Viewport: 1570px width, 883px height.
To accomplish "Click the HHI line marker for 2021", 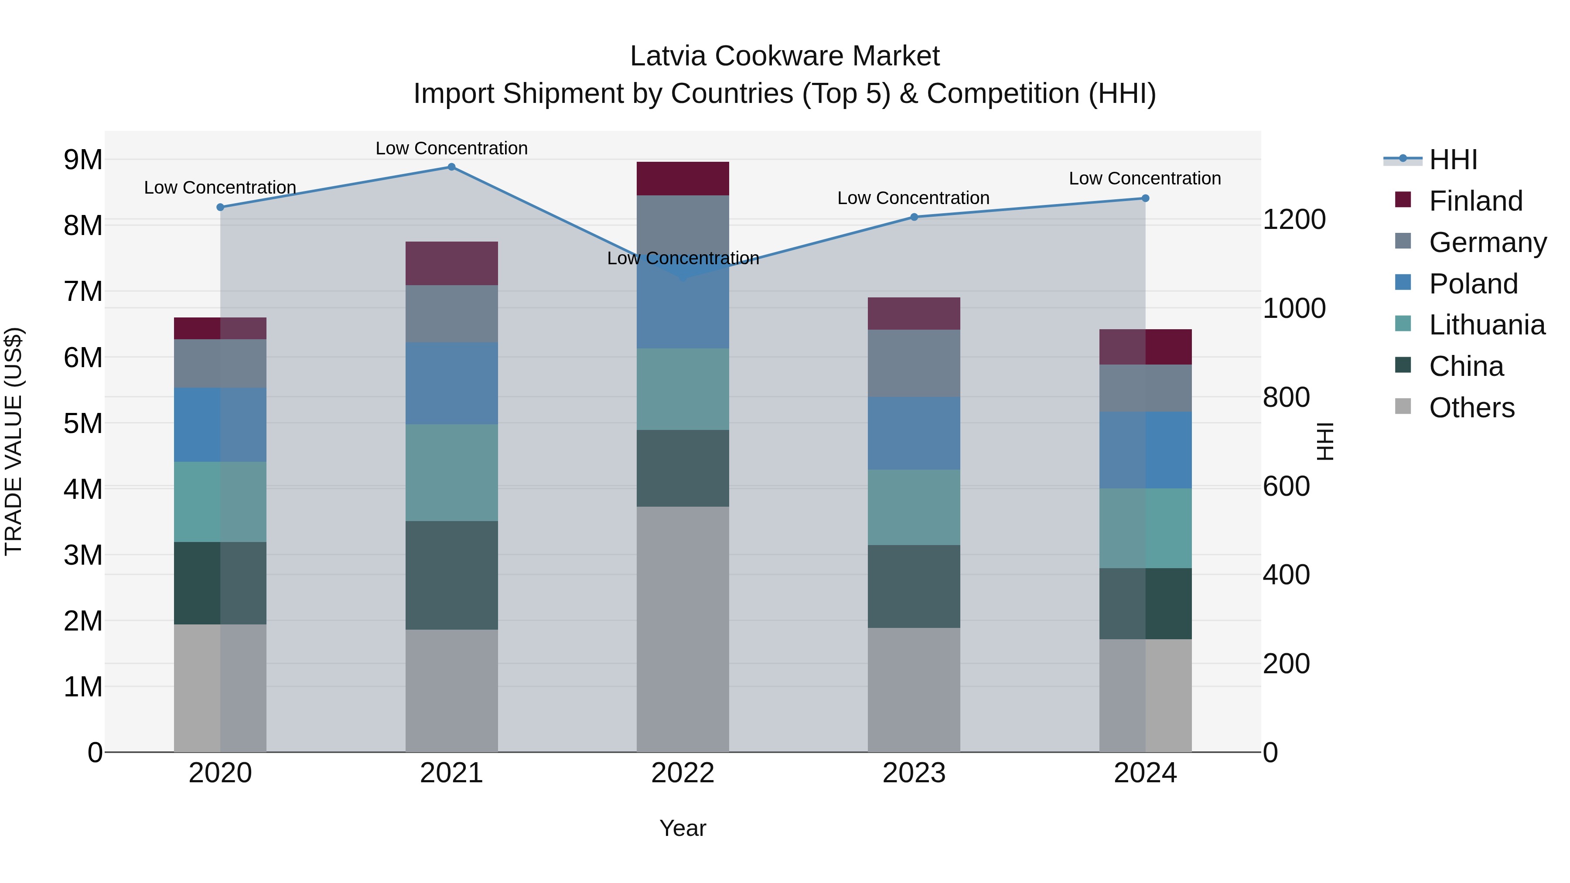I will click(x=452, y=167).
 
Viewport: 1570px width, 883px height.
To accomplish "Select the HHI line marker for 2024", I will click(x=1145, y=198).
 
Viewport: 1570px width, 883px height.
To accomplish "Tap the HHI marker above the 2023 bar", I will click(x=914, y=217).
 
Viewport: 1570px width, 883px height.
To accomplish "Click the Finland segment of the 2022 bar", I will click(x=683, y=178).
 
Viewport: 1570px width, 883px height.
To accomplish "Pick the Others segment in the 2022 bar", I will click(x=683, y=629).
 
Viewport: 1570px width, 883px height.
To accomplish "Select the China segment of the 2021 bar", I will click(x=452, y=575).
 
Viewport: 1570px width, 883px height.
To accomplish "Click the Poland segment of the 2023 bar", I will click(x=914, y=433).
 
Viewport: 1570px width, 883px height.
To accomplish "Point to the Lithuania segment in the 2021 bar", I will click(x=452, y=472).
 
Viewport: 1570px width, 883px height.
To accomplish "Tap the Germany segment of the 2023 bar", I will click(x=914, y=363).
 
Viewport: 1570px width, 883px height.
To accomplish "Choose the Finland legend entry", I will click(x=1475, y=201).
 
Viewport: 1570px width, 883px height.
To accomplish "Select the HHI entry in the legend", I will click(x=1453, y=160).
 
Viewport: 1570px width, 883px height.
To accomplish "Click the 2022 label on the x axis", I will click(x=683, y=773).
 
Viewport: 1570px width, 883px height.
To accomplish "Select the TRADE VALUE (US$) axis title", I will click(x=14, y=441).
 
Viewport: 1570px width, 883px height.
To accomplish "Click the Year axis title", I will click(x=683, y=828).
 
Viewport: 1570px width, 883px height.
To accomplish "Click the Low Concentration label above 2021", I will click(x=452, y=148).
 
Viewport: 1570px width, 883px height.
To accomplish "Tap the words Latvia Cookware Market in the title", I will click(x=785, y=56).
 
